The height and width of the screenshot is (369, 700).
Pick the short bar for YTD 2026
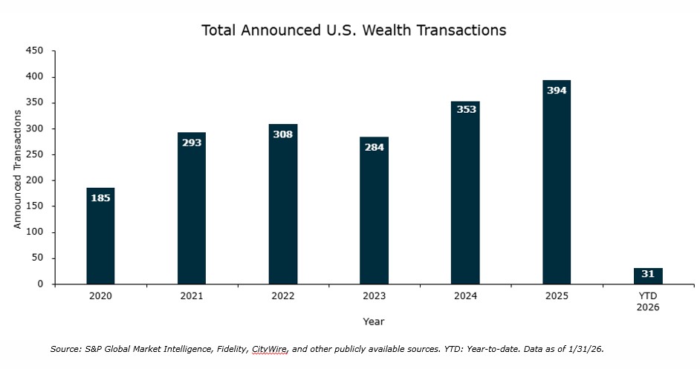point(648,275)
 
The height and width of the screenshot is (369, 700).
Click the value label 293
point(192,142)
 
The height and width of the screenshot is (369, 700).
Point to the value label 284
point(374,146)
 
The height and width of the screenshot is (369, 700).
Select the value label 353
point(465,110)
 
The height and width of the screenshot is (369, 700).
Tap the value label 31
point(648,274)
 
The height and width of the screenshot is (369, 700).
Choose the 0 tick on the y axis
point(41,284)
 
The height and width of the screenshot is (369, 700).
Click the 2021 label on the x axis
point(192,296)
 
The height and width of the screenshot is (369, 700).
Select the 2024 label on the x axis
point(465,296)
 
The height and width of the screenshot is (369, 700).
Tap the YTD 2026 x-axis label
point(648,301)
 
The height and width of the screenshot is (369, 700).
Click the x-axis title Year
point(374,321)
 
